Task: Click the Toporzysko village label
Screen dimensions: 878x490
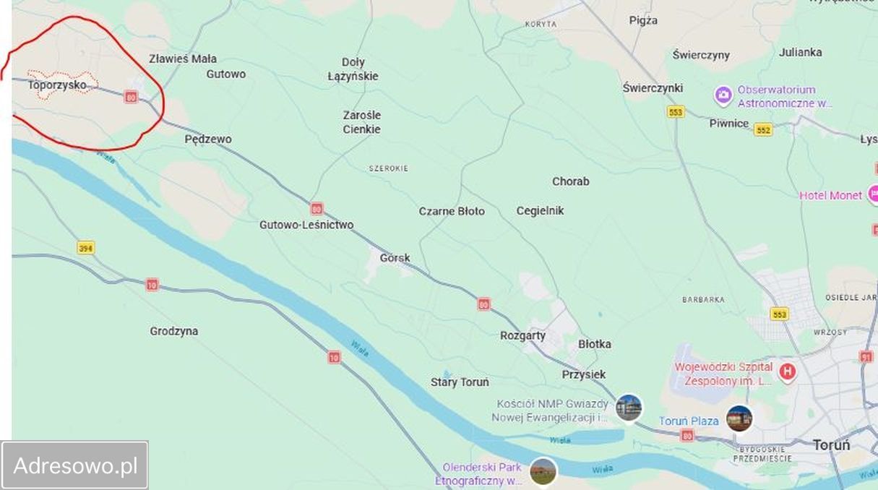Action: click(61, 85)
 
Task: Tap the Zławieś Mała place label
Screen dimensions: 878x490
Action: click(183, 59)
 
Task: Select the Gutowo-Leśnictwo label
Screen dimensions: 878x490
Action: click(306, 225)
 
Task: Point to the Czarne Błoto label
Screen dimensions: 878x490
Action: click(452, 211)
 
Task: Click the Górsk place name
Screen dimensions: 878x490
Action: click(395, 257)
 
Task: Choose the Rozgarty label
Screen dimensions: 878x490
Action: click(522, 335)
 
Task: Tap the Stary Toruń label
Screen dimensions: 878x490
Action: click(460, 382)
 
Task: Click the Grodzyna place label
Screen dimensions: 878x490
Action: click(174, 331)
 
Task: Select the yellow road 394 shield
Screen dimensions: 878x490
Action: click(86, 248)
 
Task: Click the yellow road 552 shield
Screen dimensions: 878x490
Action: click(763, 129)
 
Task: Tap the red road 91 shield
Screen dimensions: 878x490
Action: click(866, 356)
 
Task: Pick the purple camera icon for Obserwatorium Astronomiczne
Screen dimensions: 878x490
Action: click(723, 95)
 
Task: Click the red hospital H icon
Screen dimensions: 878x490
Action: click(788, 372)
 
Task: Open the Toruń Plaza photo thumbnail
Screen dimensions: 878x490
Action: click(739, 418)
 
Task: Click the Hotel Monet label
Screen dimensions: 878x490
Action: click(830, 195)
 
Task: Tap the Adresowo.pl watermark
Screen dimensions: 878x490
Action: click(75, 465)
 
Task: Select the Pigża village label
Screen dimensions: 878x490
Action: click(643, 20)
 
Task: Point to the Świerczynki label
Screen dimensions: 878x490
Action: click(653, 87)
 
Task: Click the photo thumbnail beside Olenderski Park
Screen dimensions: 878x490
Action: click(543, 471)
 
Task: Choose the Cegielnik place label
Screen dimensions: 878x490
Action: click(540, 210)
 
